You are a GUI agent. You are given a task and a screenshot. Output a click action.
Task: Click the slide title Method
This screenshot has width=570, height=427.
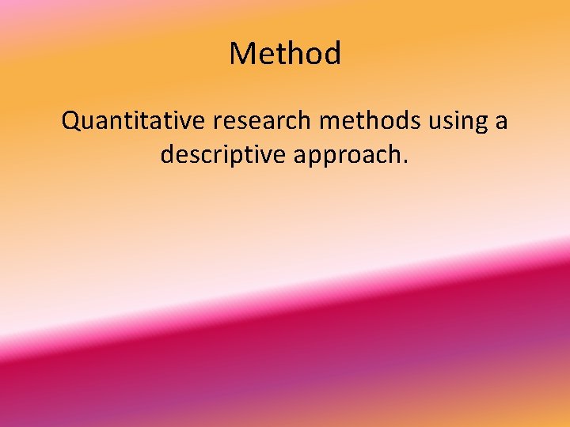click(x=285, y=54)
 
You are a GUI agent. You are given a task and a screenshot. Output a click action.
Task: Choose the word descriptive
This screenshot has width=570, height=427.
click(x=222, y=155)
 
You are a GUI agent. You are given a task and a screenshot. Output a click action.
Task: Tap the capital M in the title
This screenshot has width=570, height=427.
click(x=241, y=54)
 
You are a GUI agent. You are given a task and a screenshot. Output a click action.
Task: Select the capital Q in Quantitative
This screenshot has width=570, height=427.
click(x=72, y=121)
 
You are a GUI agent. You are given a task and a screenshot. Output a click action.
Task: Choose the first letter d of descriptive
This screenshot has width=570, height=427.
click(x=168, y=154)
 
